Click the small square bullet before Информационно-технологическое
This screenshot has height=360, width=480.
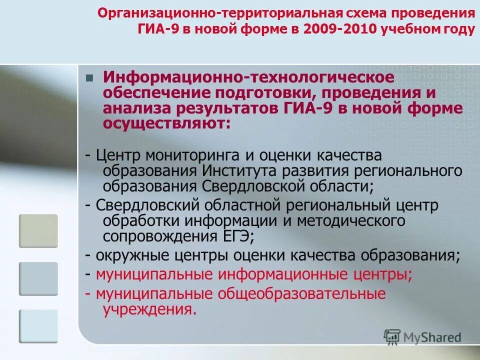pyautogui.click(x=89, y=78)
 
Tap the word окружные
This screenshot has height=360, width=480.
pyautogui.click(x=130, y=255)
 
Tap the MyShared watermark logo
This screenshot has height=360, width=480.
pyautogui.click(x=422, y=337)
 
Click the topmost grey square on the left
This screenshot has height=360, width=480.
pyautogui.click(x=38, y=230)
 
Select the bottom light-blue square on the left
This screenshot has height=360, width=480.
pyautogui.click(x=38, y=326)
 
